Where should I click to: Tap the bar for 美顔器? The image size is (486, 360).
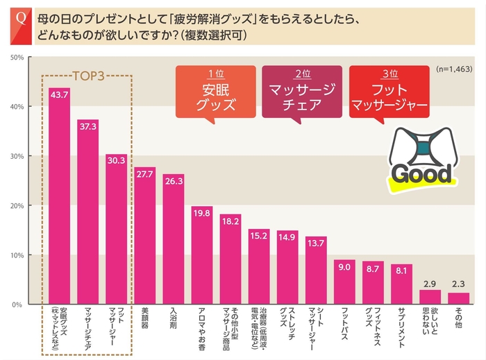click(x=144, y=236)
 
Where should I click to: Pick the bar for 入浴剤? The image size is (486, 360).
click(x=174, y=240)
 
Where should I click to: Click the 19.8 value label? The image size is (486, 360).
click(x=202, y=213)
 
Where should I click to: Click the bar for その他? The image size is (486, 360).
click(x=459, y=299)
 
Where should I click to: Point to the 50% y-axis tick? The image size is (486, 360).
click(x=18, y=57)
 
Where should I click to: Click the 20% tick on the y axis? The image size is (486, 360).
click(x=18, y=206)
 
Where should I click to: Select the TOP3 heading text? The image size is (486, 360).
click(x=88, y=76)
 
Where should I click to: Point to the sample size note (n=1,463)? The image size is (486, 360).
click(x=454, y=70)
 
